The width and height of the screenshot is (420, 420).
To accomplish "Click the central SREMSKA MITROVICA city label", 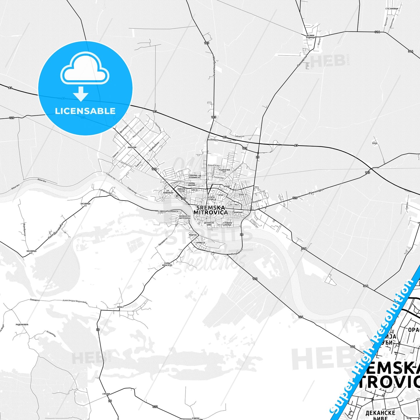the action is tap(210, 210).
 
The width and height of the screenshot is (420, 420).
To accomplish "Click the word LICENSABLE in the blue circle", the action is tap(85, 111).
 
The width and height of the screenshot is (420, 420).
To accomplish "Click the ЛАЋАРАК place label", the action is tap(132, 147).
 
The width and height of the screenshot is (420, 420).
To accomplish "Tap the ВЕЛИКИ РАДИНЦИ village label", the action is tap(311, 37).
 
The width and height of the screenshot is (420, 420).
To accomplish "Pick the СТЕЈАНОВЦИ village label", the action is tap(392, 8).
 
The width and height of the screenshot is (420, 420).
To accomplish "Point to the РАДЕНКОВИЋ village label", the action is tap(22, 324).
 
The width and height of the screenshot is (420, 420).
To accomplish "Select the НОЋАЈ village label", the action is tap(120, 307).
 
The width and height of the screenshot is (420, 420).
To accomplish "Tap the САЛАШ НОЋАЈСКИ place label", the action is tap(168, 264).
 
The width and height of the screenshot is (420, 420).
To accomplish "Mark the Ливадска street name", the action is tap(35, 300).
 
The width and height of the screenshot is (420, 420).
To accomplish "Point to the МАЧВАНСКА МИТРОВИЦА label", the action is tap(185, 217).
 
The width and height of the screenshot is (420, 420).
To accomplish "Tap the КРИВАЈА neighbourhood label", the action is tap(201, 243).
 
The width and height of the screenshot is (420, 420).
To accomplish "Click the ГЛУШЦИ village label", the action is tap(106, 394).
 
